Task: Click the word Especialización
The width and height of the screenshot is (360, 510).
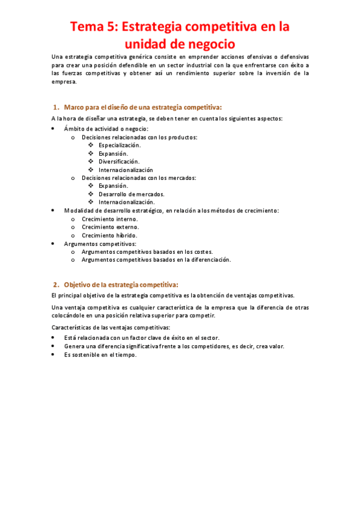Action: click(x=120, y=145)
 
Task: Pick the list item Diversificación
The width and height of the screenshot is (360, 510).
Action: click(x=119, y=161)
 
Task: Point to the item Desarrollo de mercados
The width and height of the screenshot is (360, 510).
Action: click(x=131, y=194)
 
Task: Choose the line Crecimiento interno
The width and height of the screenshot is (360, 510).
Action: click(x=110, y=219)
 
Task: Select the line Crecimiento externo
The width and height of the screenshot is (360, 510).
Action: click(x=110, y=227)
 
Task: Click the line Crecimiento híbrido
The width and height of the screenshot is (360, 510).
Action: click(x=110, y=235)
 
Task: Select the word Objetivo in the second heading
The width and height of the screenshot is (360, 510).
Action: click(x=81, y=284)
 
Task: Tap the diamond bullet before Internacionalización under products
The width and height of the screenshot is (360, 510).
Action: click(x=90, y=170)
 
